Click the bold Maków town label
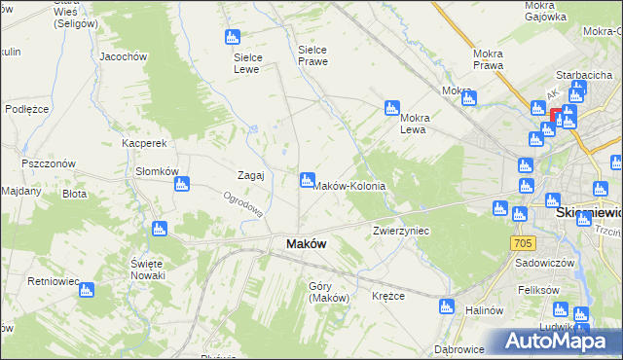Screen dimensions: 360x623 click(305, 244)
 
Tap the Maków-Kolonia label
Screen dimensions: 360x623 click(348, 186)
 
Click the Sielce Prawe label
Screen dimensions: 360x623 click(312, 54)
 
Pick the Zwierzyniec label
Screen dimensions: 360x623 click(402, 232)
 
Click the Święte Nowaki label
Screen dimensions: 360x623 click(152, 270)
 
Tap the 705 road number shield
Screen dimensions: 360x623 click(523, 241)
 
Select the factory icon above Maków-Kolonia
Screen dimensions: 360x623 click(307, 179)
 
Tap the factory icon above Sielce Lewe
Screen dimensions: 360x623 click(232, 37)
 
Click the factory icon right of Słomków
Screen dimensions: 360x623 click(194, 182)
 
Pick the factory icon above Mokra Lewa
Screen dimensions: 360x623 click(391, 107)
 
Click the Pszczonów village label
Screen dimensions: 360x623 click(49, 164)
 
